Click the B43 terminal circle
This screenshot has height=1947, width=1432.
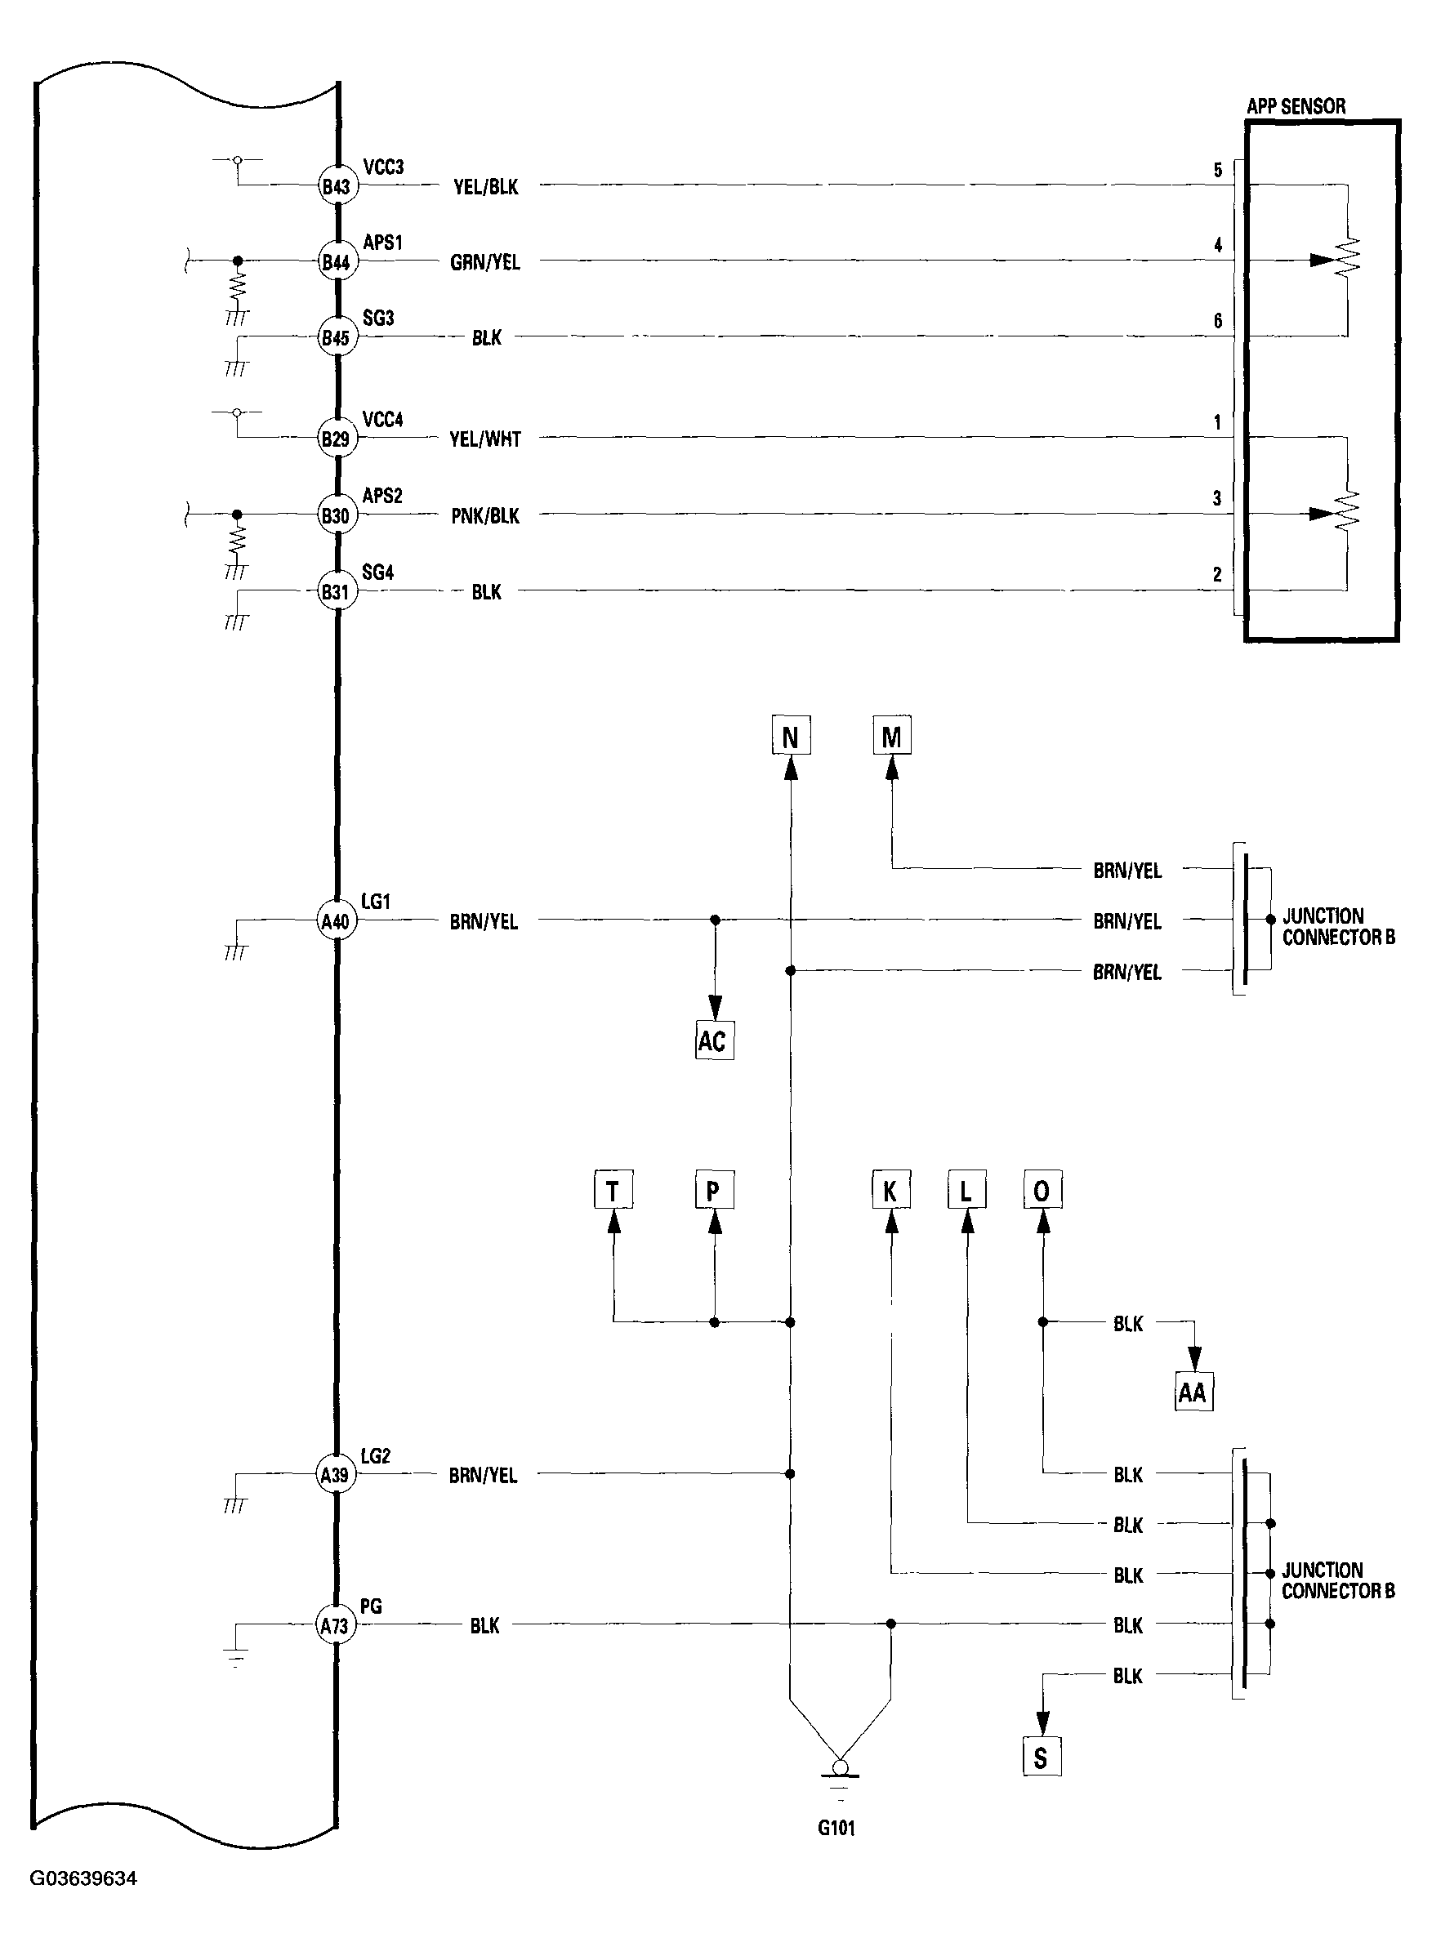[336, 186]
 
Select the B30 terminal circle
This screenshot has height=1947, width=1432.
[336, 516]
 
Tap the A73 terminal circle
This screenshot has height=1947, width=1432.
[335, 1625]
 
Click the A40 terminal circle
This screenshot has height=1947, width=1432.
[335, 921]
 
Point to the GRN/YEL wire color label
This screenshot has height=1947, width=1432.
[484, 262]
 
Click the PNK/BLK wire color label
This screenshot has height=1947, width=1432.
[484, 516]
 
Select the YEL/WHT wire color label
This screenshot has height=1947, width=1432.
[484, 440]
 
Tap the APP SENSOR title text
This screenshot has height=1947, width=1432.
[1296, 106]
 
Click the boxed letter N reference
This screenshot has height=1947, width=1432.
[790, 737]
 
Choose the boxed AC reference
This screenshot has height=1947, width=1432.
[712, 1040]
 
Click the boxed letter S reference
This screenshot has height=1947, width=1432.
[1040, 1758]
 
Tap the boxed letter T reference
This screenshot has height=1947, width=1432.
[613, 1192]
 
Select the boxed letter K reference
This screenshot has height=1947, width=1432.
[890, 1192]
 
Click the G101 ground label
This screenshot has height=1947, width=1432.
[836, 1828]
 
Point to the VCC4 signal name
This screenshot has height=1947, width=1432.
[382, 421]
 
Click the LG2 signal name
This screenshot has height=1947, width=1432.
[375, 1456]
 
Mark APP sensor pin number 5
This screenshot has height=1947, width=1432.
[1217, 170]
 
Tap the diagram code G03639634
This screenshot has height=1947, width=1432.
[83, 1878]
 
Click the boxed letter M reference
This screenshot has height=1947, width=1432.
[891, 737]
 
